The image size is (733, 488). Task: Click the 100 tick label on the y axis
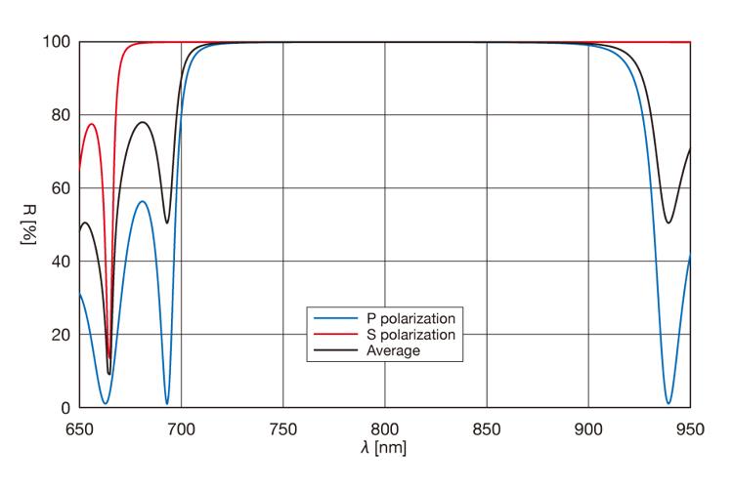57,42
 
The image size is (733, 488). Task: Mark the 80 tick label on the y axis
61,115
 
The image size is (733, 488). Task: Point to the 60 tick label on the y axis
61,188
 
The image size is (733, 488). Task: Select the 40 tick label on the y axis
61,262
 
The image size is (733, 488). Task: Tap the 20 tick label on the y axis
61,335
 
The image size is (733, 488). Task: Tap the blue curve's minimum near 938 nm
668,402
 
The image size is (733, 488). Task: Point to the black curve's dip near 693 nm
167,223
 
